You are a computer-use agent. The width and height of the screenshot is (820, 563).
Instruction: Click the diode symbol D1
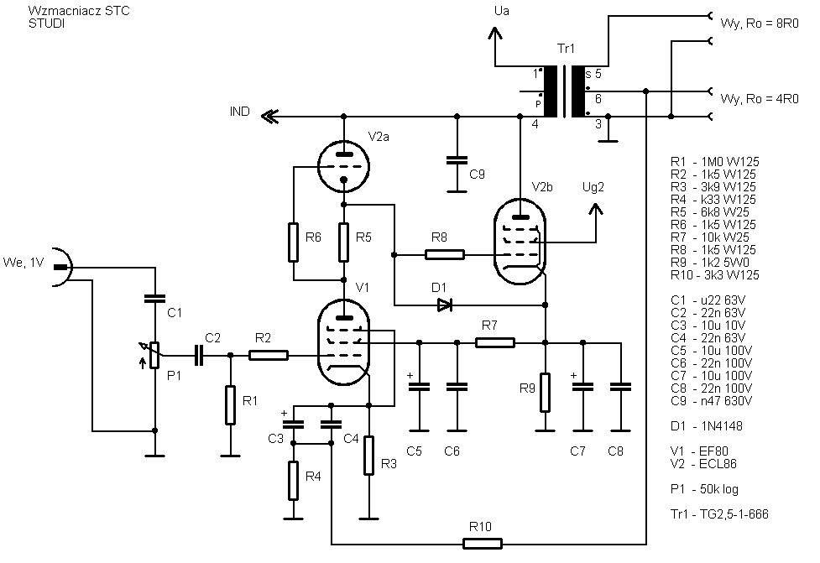pos(445,305)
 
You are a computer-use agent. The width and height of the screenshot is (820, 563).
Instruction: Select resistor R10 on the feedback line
pos(482,544)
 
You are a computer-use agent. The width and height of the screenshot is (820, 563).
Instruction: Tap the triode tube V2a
pos(343,167)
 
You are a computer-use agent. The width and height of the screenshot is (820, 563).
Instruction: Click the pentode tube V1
pos(343,342)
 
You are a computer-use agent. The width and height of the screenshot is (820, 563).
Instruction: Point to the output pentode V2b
pos(520,242)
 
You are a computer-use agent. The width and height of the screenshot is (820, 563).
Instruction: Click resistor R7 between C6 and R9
pos(494,342)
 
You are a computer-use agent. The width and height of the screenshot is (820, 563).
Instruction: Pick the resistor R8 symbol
pos(445,254)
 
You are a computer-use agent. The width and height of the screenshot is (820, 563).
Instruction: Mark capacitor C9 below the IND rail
pos(457,159)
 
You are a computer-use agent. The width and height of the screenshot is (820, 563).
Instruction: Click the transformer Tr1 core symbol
pos(564,91)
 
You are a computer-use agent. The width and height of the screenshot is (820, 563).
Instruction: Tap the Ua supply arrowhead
pos(494,34)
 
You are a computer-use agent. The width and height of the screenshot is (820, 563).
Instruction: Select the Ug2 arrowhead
pos(596,209)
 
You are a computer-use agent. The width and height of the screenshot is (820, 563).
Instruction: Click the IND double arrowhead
pos(270,117)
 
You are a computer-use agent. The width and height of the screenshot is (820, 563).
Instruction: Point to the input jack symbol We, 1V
pos(62,267)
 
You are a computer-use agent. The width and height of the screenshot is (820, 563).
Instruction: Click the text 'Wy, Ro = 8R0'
pos(760,23)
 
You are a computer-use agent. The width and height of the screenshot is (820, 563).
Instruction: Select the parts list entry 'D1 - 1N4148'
pos(707,426)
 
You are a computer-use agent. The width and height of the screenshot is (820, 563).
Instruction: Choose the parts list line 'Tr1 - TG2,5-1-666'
pos(719,514)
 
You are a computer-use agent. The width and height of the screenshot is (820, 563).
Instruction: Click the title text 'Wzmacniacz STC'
pos(79,11)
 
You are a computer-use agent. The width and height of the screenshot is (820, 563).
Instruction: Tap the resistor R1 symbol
pos(230,405)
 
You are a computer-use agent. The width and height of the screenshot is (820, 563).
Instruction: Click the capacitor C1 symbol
pos(154,299)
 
